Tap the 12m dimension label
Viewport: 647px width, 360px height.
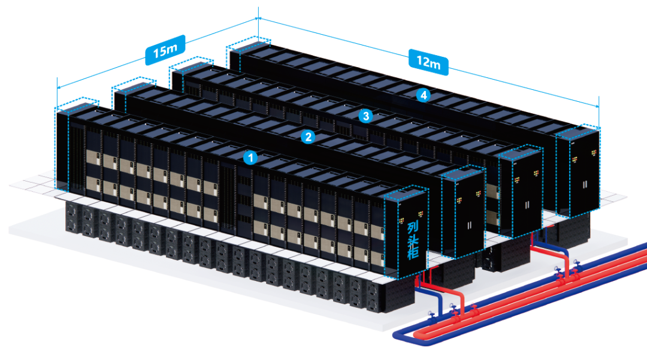click(428, 62)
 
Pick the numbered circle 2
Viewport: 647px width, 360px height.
click(308, 137)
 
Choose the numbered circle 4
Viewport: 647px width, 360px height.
click(424, 95)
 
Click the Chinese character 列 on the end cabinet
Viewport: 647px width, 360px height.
click(413, 228)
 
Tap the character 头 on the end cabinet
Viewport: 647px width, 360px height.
click(413, 243)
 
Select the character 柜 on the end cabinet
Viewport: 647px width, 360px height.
click(413, 258)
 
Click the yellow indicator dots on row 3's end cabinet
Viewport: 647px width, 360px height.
click(518, 179)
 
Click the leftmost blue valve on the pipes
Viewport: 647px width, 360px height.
click(431, 314)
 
